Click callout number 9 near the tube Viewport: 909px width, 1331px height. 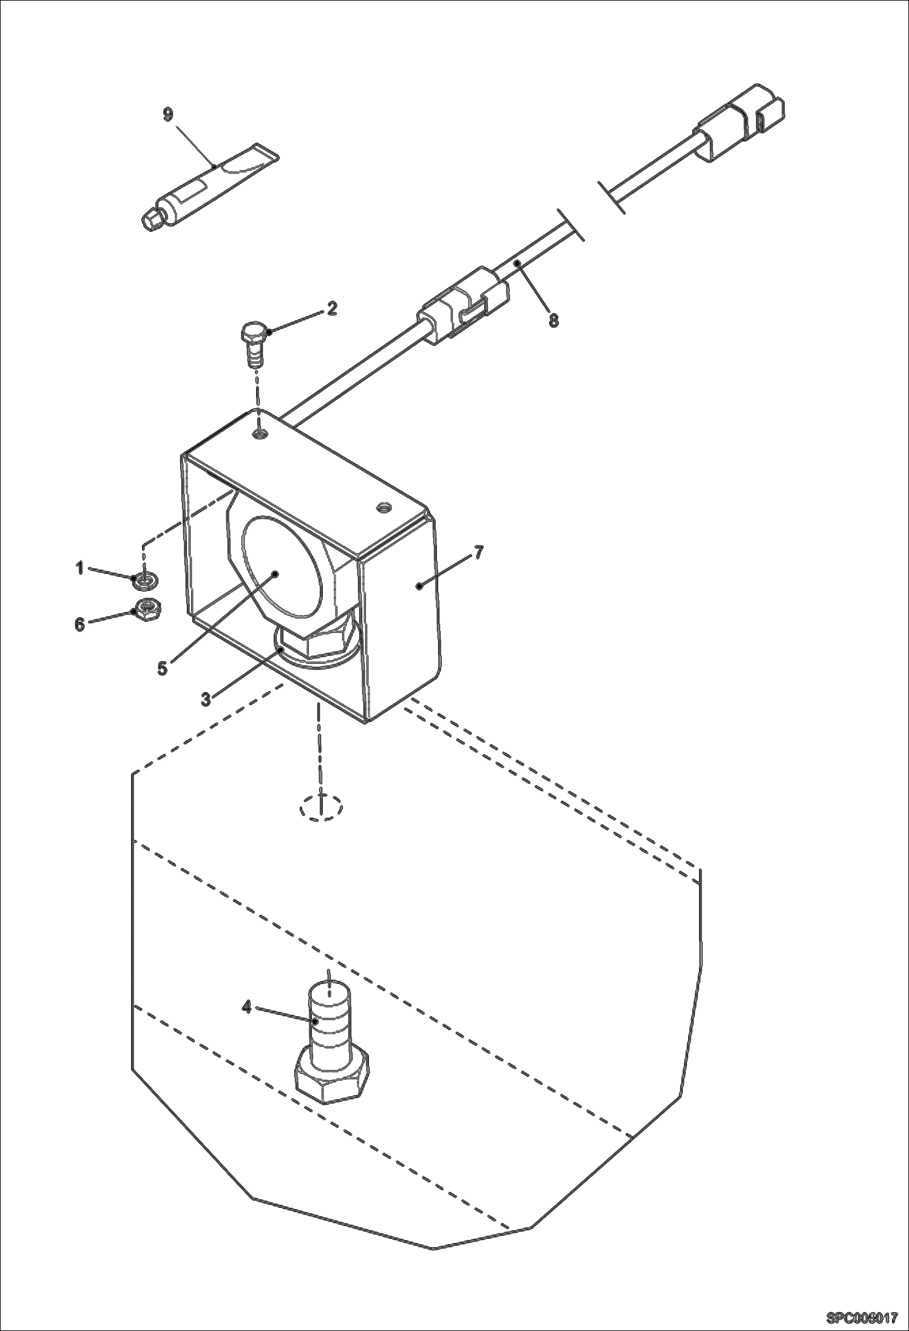click(168, 114)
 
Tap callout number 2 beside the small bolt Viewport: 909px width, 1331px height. click(331, 308)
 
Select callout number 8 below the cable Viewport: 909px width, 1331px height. click(553, 320)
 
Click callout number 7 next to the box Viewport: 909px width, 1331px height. click(479, 553)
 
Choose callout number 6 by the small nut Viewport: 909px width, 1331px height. click(79, 624)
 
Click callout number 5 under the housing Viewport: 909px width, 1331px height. click(162, 668)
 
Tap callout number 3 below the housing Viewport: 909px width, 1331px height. click(206, 699)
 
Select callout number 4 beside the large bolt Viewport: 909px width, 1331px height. click(246, 1007)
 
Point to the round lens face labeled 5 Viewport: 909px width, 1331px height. click(280, 564)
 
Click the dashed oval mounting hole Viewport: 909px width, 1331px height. click(322, 807)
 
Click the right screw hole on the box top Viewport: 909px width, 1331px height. click(382, 507)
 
